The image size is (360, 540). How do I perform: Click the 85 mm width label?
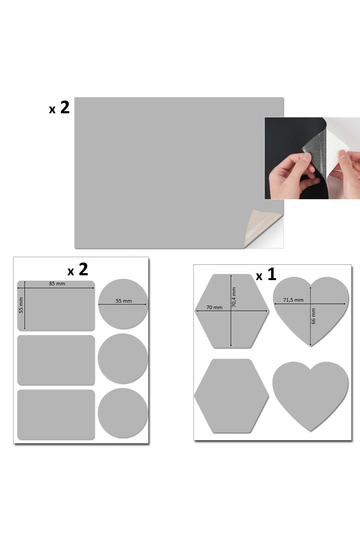coord(57,283)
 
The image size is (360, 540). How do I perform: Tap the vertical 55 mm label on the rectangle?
coord(21,305)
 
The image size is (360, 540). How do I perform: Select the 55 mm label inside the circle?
coord(124,301)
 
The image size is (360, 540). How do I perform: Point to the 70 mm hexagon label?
coord(214,307)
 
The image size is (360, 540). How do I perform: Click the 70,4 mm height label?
coord(234,297)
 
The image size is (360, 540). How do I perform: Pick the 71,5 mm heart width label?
coord(293,300)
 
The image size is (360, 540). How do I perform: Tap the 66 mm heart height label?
coord(313,316)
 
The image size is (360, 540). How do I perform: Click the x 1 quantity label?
coord(266,274)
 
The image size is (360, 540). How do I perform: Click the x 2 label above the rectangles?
coord(78,269)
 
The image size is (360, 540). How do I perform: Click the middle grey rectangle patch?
coord(56,360)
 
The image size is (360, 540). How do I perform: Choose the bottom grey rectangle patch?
coord(56,415)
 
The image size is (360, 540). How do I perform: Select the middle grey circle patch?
coord(123,358)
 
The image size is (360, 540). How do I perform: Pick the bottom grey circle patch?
coord(123,413)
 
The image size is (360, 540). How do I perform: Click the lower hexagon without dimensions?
coord(231,396)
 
